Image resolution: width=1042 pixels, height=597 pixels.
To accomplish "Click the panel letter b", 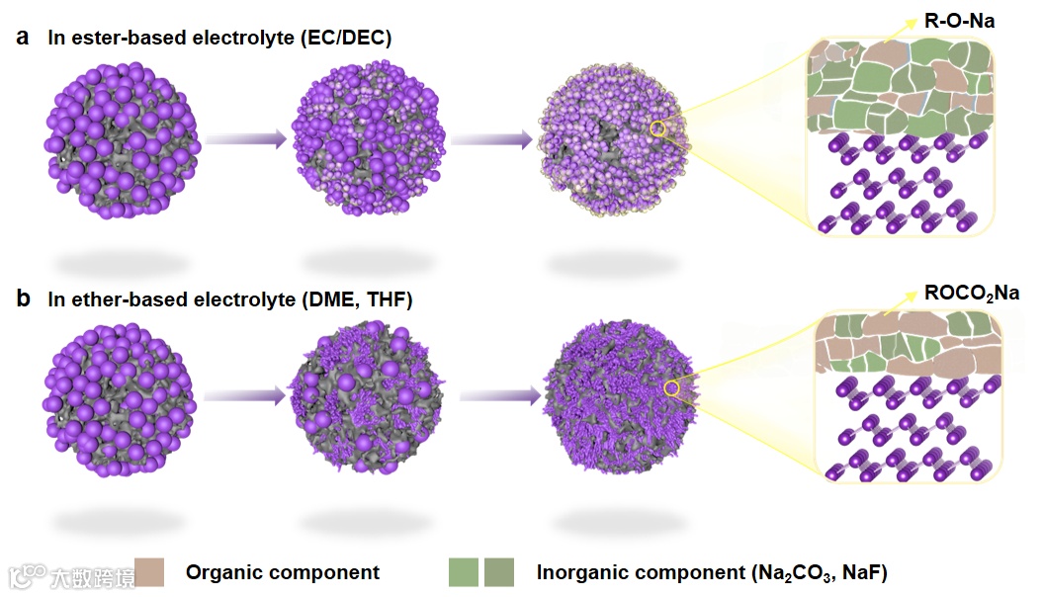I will click(23, 298).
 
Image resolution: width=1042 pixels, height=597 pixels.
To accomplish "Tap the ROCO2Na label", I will click(972, 293).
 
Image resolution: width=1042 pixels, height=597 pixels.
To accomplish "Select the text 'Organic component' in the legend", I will click(283, 572).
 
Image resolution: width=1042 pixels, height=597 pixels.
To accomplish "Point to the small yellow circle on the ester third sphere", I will click(659, 128).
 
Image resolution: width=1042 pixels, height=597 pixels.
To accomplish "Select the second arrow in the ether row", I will click(499, 397).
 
